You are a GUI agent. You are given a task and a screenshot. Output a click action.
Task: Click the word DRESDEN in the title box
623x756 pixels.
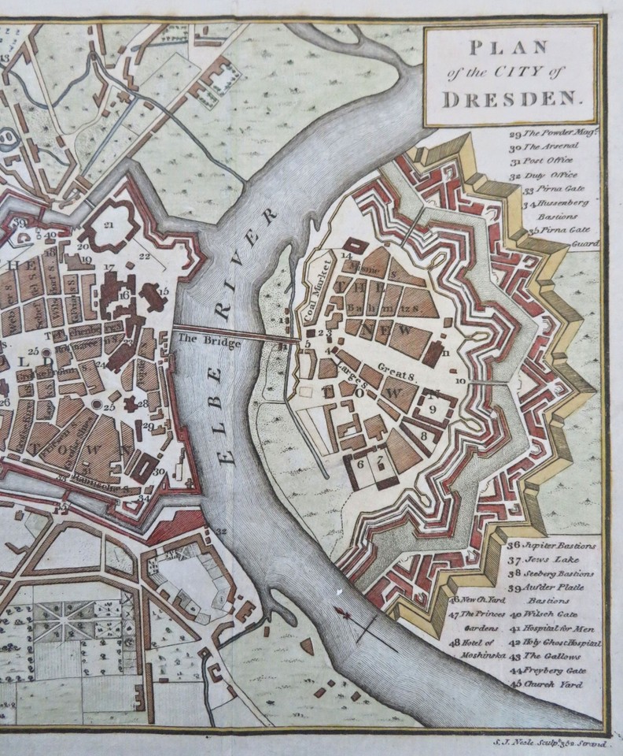(510, 100)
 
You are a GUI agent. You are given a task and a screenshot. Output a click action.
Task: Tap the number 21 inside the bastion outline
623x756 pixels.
(109, 224)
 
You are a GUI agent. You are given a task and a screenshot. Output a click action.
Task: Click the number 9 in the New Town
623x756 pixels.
(432, 408)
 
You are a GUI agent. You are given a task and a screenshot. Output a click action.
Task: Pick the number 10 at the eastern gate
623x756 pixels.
(461, 380)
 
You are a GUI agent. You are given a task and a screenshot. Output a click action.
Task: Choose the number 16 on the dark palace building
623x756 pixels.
(123, 294)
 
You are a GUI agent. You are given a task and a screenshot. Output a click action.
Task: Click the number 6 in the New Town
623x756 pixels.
(360, 464)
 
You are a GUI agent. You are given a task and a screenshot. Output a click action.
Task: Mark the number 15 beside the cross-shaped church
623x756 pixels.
(163, 291)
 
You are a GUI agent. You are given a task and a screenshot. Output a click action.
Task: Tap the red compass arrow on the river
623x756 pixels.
(344, 613)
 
